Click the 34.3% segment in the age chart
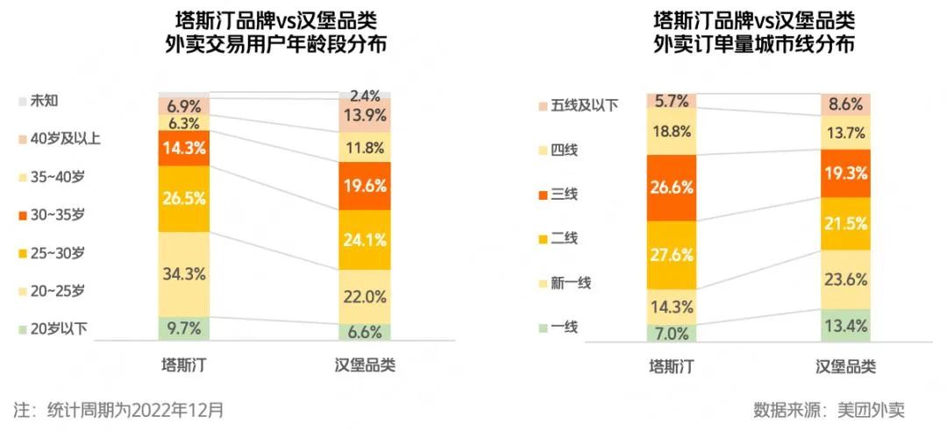184,274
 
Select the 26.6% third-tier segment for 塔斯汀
672,187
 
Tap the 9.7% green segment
184,329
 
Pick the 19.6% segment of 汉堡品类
365,185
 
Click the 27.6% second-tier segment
672,255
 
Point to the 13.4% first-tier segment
846,326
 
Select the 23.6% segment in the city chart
846,280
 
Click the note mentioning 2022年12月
118,409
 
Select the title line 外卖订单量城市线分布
754,46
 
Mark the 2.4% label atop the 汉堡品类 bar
365,95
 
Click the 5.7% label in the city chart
672,101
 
